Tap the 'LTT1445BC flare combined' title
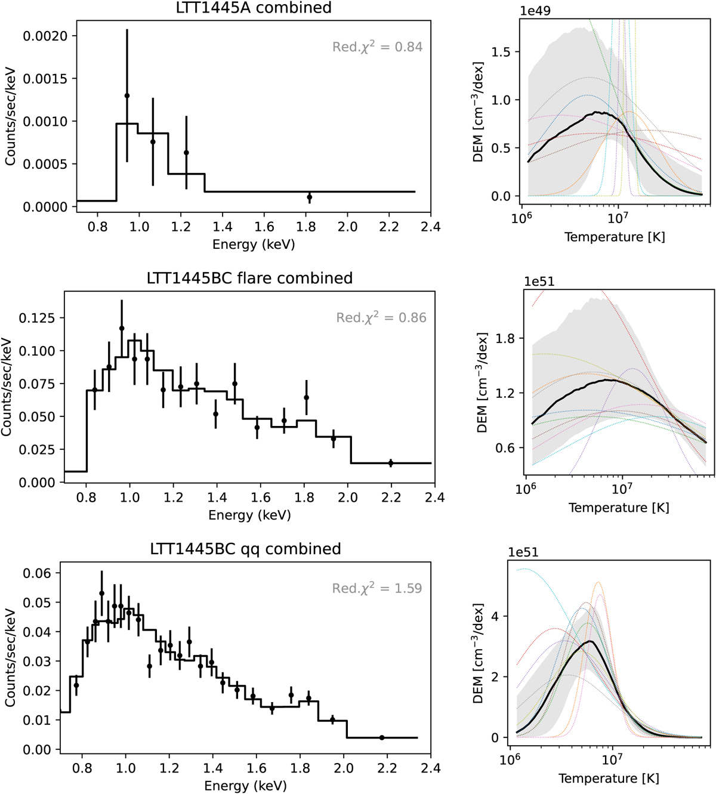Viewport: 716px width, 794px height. pyautogui.click(x=249, y=278)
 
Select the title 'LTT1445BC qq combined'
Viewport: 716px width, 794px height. pyautogui.click(x=245, y=549)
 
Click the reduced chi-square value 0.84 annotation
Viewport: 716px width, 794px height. pyautogui.click(x=377, y=47)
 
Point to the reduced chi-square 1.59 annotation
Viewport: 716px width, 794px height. pyautogui.click(x=377, y=588)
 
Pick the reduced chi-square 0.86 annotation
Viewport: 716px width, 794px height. pyautogui.click(x=381, y=317)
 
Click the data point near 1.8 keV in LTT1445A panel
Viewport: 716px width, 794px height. pyautogui.click(x=309, y=197)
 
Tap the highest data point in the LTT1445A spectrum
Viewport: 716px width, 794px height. pyautogui.click(x=127, y=95)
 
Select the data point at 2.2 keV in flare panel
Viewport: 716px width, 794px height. pyautogui.click(x=391, y=463)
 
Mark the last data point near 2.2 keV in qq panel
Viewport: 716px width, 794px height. pyautogui.click(x=382, y=738)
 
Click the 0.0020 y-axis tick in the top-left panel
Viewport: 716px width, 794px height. pyautogui.click(x=50, y=36)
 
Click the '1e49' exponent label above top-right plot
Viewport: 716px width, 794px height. pyautogui.click(x=535, y=11)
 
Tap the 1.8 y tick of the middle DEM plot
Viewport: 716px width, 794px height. pyautogui.click(x=505, y=339)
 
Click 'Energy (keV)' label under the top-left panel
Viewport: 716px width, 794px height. pyautogui.click(x=254, y=244)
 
